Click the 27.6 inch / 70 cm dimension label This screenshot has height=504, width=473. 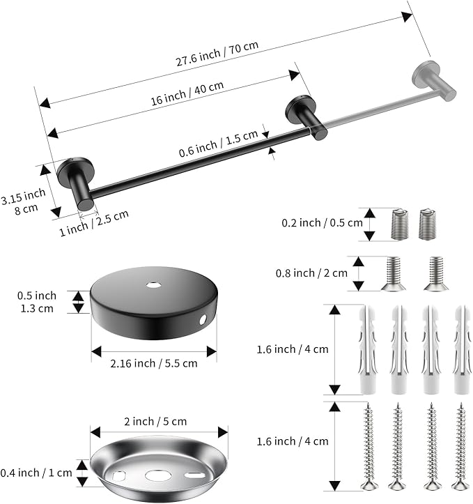pos(217,54)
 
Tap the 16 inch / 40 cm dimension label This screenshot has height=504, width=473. pos(187,93)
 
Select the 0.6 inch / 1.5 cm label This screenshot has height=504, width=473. pos(218,144)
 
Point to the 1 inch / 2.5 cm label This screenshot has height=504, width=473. pos(94,223)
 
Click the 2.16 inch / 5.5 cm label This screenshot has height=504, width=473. pos(154,364)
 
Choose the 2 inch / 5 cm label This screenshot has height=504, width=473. pos(155,421)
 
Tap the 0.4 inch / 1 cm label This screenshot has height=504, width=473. pos(36,473)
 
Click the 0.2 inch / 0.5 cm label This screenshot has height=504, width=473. pos(322,223)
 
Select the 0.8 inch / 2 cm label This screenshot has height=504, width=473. pos(311,273)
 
